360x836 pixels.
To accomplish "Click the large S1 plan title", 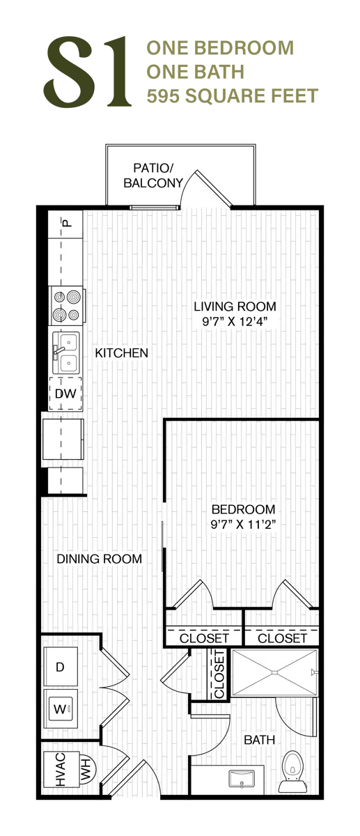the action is (x=88, y=71).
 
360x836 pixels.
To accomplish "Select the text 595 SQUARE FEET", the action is (x=232, y=96).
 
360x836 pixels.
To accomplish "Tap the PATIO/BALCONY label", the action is (x=153, y=176).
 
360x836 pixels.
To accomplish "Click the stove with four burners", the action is (x=67, y=306).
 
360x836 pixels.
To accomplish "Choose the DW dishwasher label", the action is (x=65, y=394).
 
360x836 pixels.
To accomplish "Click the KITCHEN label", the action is (x=122, y=353).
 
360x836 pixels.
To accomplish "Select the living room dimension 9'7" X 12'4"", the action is (x=235, y=321).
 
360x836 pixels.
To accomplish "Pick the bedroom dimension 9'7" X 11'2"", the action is (x=243, y=525).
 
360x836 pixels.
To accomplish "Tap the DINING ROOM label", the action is (x=100, y=559).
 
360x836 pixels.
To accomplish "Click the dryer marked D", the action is (x=61, y=667).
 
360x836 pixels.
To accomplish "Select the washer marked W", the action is (x=61, y=709).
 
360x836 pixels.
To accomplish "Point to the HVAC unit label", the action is (x=60, y=769).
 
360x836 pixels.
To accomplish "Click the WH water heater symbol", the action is (x=88, y=769).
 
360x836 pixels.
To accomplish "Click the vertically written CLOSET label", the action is (x=219, y=673).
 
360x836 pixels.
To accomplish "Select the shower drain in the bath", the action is (x=274, y=672).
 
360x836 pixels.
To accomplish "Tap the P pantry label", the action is (x=67, y=223).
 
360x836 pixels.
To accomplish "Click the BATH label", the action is (x=259, y=740).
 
